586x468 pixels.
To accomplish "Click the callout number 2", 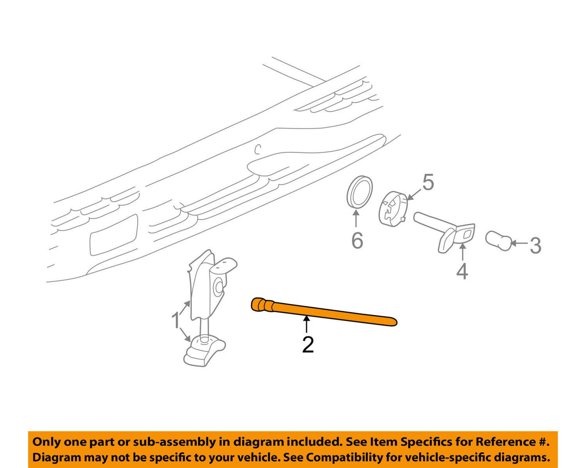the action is [x=308, y=344].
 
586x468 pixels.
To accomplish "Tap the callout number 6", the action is [x=357, y=240].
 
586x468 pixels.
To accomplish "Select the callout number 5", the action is [x=428, y=183].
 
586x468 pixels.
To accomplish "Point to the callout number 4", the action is [x=462, y=271].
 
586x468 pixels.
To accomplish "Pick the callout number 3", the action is [x=535, y=245].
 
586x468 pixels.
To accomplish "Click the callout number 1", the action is [x=176, y=320].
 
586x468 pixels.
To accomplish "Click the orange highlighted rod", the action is [x=324, y=312].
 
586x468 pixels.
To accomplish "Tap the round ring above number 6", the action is [x=360, y=192].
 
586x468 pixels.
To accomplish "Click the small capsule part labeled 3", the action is [x=498, y=241].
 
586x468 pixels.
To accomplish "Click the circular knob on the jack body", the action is [x=219, y=287].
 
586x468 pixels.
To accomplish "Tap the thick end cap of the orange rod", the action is [x=258, y=304].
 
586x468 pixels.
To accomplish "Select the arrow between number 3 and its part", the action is [x=519, y=242].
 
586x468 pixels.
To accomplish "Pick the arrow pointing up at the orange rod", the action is [x=307, y=324].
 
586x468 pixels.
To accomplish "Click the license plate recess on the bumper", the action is [x=114, y=235].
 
